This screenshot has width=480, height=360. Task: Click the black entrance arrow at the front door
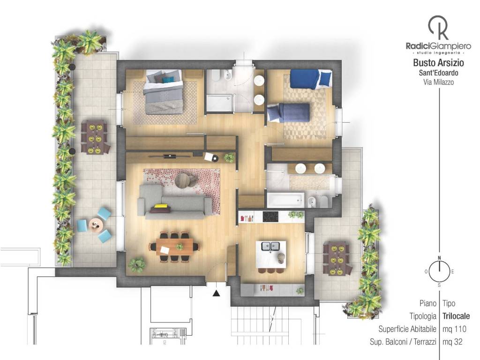(217, 293)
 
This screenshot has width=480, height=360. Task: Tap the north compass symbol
(439, 271)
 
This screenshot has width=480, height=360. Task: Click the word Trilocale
(456, 316)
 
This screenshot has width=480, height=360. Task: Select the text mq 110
(454, 329)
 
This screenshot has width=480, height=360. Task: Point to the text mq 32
(452, 342)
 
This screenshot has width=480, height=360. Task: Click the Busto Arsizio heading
(438, 63)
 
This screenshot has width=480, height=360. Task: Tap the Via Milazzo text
(438, 82)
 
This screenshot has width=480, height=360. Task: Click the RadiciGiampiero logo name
(438, 46)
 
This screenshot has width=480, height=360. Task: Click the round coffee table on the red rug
(183, 180)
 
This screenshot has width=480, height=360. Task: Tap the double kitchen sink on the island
(270, 246)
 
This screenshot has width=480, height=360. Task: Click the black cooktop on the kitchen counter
(270, 217)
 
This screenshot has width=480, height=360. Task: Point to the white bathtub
(285, 200)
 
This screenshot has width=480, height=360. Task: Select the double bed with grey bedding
(164, 92)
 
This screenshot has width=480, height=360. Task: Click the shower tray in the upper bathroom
(219, 103)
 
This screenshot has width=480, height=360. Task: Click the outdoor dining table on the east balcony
(336, 259)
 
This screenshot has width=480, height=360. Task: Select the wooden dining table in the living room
(174, 247)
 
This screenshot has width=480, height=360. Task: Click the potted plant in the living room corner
(136, 264)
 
